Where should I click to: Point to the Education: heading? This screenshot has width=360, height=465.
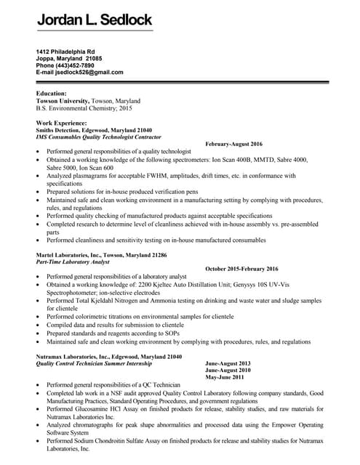click(51, 94)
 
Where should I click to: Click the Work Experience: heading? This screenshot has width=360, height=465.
click(61, 123)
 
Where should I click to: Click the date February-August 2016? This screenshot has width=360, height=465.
click(237, 144)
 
